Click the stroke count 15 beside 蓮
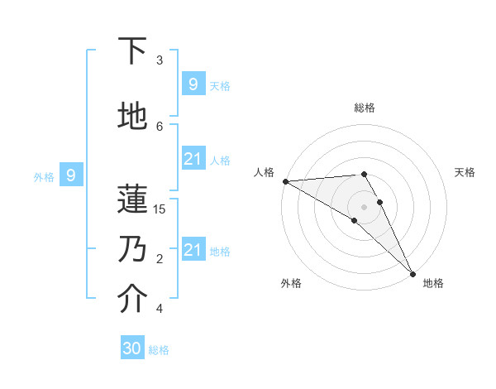160,209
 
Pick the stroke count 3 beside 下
160,60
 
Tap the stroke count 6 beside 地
160,126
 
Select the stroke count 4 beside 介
160,309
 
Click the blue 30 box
132,348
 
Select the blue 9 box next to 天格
193,84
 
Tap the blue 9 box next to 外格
71,175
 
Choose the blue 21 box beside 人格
193,159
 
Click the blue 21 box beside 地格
193,250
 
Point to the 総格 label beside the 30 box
160,350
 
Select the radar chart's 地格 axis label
433,283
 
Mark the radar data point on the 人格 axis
285,181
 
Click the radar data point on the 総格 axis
364,174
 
